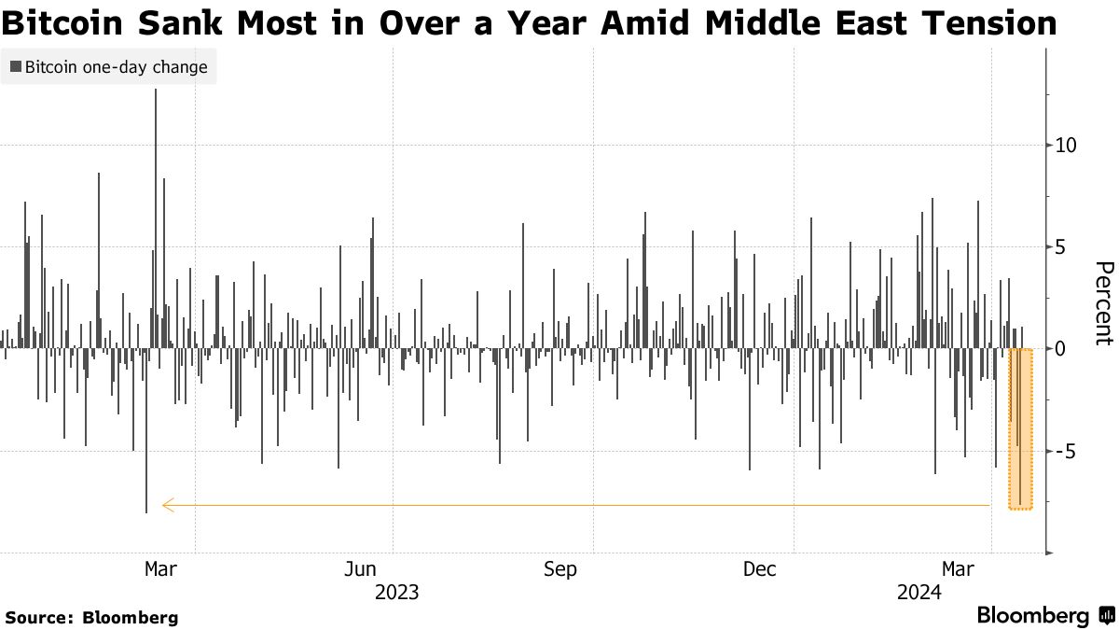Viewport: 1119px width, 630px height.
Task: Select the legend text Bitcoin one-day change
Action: [x=116, y=67]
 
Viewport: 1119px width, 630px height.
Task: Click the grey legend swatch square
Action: [x=16, y=67]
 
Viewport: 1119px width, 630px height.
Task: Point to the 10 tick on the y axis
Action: [x=1066, y=146]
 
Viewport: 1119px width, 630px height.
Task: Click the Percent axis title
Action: [x=1103, y=303]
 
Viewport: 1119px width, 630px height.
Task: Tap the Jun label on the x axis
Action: [x=360, y=569]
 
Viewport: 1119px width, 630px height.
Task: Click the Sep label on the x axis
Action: [x=560, y=569]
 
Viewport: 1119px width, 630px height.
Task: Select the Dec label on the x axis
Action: [x=761, y=569]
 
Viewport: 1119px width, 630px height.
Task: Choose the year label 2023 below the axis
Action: [x=396, y=593]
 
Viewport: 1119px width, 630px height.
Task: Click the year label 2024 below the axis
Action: [x=919, y=593]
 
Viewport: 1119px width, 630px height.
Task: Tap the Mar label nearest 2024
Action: [x=960, y=569]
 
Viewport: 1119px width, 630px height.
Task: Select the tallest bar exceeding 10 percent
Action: [x=156, y=215]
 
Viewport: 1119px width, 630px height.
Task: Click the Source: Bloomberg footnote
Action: [x=91, y=617]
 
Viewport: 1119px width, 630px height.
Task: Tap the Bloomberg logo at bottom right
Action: [x=1044, y=616]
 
